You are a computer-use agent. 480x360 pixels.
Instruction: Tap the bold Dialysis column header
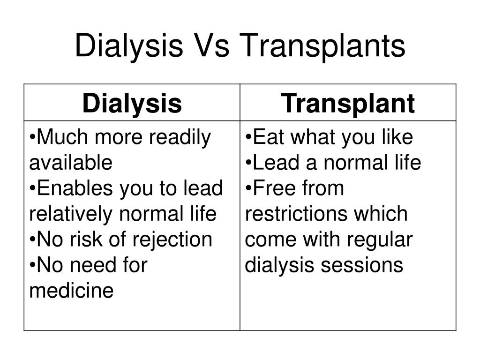132,104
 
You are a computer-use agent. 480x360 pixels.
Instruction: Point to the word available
71,162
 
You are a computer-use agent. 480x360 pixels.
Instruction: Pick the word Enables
75,188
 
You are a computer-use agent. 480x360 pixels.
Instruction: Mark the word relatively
71,214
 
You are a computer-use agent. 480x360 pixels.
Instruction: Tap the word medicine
71,290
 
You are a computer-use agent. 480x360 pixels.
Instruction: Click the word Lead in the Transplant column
276,163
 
